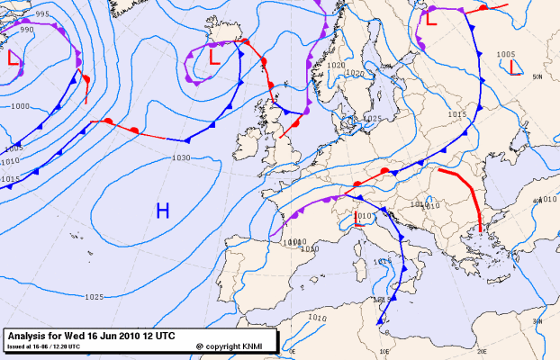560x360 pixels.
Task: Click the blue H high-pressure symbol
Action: pyautogui.click(x=163, y=211)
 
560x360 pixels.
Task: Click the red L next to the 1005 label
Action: pyautogui.click(x=511, y=67)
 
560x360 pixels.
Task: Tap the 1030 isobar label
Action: pyautogui.click(x=180, y=158)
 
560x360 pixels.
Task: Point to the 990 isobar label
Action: pyautogui.click(x=26, y=30)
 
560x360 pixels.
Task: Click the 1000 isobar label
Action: pyautogui.click(x=19, y=106)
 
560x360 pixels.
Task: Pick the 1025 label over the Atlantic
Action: pyautogui.click(x=93, y=297)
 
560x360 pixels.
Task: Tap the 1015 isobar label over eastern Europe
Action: pyautogui.click(x=456, y=115)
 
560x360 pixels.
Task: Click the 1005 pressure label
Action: pyautogui.click(x=506, y=54)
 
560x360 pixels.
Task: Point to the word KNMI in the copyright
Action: pyautogui.click(x=256, y=345)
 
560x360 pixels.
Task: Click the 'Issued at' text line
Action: pyautogui.click(x=43, y=345)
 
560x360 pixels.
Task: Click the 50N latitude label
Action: pyautogui.click(x=537, y=77)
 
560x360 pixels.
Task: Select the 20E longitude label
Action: pyautogui.click(x=481, y=352)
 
